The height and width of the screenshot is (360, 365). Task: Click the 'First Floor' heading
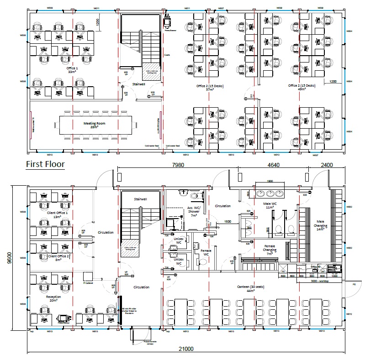[x=45, y=164]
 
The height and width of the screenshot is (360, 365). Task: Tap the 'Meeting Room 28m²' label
[x=95, y=125]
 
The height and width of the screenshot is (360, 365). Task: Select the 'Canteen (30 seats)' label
[x=244, y=289]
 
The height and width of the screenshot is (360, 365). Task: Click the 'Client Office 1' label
[x=58, y=214]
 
